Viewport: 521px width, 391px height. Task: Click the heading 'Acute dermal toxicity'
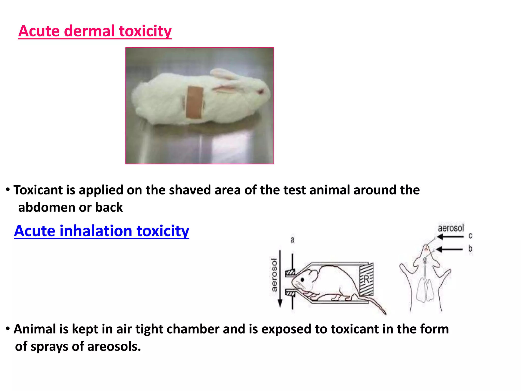95,31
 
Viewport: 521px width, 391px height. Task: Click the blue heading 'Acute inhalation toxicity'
102,231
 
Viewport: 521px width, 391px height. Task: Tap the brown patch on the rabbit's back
194,102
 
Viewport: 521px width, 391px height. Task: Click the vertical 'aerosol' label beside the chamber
274,275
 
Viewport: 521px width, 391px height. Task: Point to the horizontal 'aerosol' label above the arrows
451,228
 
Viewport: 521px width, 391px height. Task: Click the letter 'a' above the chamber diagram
293,240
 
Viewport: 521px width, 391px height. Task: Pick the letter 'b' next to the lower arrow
470,248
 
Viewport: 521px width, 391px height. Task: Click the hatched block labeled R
366,279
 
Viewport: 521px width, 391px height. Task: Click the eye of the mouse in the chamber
302,280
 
